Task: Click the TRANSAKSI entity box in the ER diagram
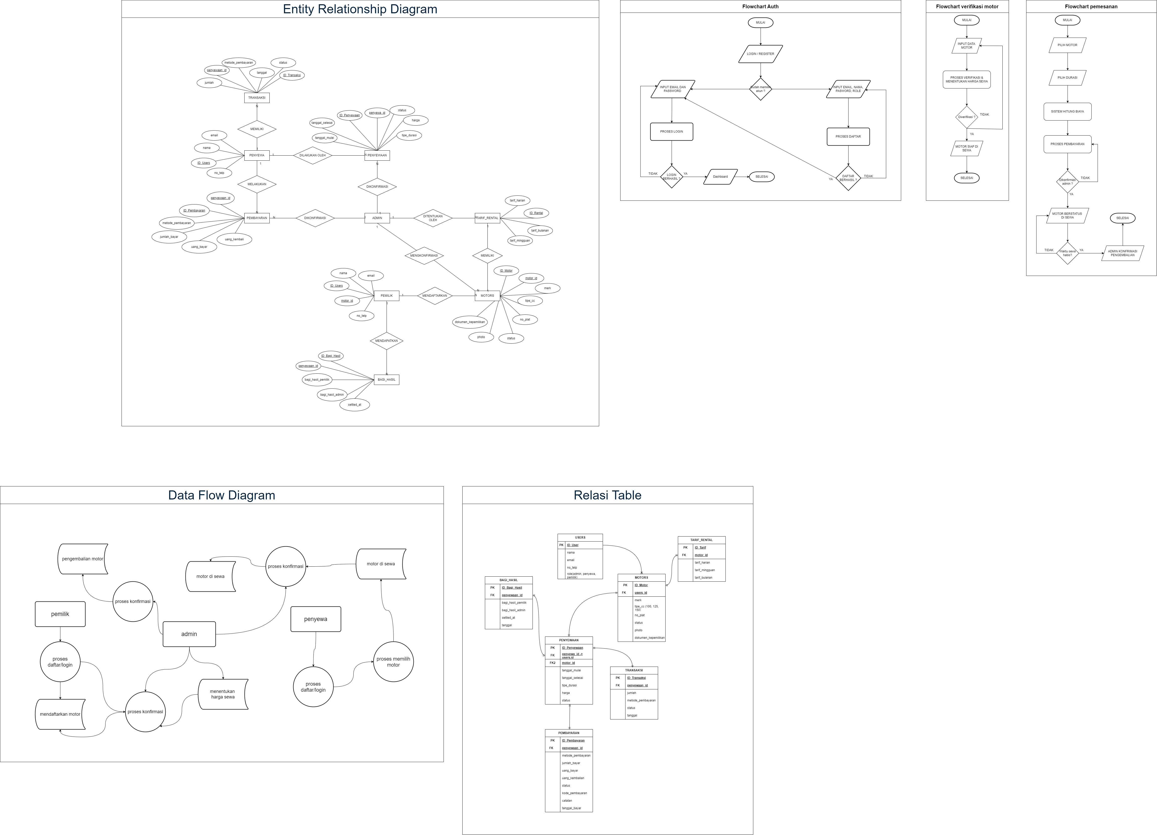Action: (257, 97)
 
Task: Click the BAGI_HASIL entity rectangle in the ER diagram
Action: (386, 379)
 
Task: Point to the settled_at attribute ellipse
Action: (355, 404)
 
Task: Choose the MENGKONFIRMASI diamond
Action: (424, 256)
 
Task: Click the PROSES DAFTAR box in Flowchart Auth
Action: (848, 137)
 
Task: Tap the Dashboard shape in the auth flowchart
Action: (720, 176)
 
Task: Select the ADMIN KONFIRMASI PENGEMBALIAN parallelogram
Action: (1122, 253)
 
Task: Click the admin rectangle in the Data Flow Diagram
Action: (189, 634)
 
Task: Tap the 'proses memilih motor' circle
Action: (393, 662)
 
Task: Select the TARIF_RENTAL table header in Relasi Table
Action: (701, 540)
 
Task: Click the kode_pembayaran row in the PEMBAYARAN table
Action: (574, 793)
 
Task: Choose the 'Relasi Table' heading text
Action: (607, 495)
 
